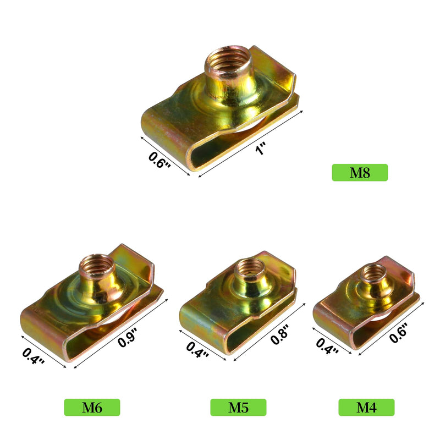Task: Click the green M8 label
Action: tap(360, 173)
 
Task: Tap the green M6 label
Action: tap(92, 407)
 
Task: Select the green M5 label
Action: tap(238, 407)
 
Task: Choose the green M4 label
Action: tap(366, 407)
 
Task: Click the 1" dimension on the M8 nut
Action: tap(260, 148)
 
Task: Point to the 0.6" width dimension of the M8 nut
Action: tap(159, 161)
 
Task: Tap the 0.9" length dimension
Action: tap(128, 337)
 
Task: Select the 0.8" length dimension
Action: tap(280, 334)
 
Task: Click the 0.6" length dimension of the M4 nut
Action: tap(398, 333)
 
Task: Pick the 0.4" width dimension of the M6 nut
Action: tap(34, 356)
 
